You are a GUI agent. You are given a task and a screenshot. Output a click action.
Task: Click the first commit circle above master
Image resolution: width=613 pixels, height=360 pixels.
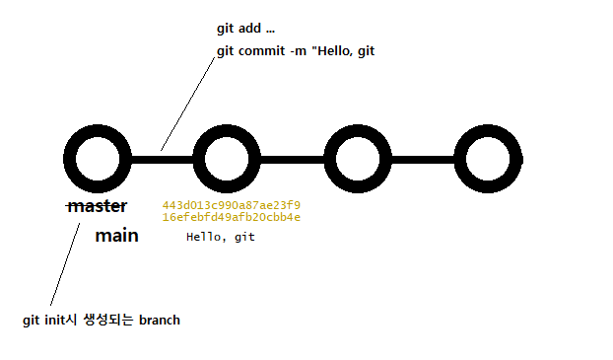coord(97,159)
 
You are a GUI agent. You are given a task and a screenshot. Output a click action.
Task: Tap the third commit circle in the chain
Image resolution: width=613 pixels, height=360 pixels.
coord(360,159)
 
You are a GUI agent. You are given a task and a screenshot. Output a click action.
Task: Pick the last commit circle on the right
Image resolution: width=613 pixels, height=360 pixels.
coord(492,159)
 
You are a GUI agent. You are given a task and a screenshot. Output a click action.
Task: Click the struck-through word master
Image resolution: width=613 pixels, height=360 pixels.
coord(98,207)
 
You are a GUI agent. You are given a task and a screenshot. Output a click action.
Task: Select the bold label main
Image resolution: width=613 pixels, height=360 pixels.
coord(116,236)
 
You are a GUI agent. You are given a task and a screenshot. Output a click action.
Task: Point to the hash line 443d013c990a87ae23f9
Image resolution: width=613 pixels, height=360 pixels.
coord(231,205)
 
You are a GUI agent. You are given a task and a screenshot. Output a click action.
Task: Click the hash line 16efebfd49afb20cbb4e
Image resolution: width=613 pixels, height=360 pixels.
coord(231,217)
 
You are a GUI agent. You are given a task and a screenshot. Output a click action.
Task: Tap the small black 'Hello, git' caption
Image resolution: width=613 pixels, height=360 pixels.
coord(220,238)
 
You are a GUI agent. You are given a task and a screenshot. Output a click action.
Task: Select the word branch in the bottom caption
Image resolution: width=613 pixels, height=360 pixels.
coord(160,321)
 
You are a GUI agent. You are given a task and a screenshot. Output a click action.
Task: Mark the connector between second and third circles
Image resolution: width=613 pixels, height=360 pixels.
coord(293,159)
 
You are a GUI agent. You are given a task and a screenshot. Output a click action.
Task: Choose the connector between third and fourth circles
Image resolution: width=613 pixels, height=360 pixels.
coord(426,159)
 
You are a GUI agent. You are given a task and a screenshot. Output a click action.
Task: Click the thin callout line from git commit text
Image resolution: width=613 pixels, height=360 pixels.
coord(187,104)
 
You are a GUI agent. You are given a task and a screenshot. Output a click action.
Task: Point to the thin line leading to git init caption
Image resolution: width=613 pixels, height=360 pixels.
coord(60,266)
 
